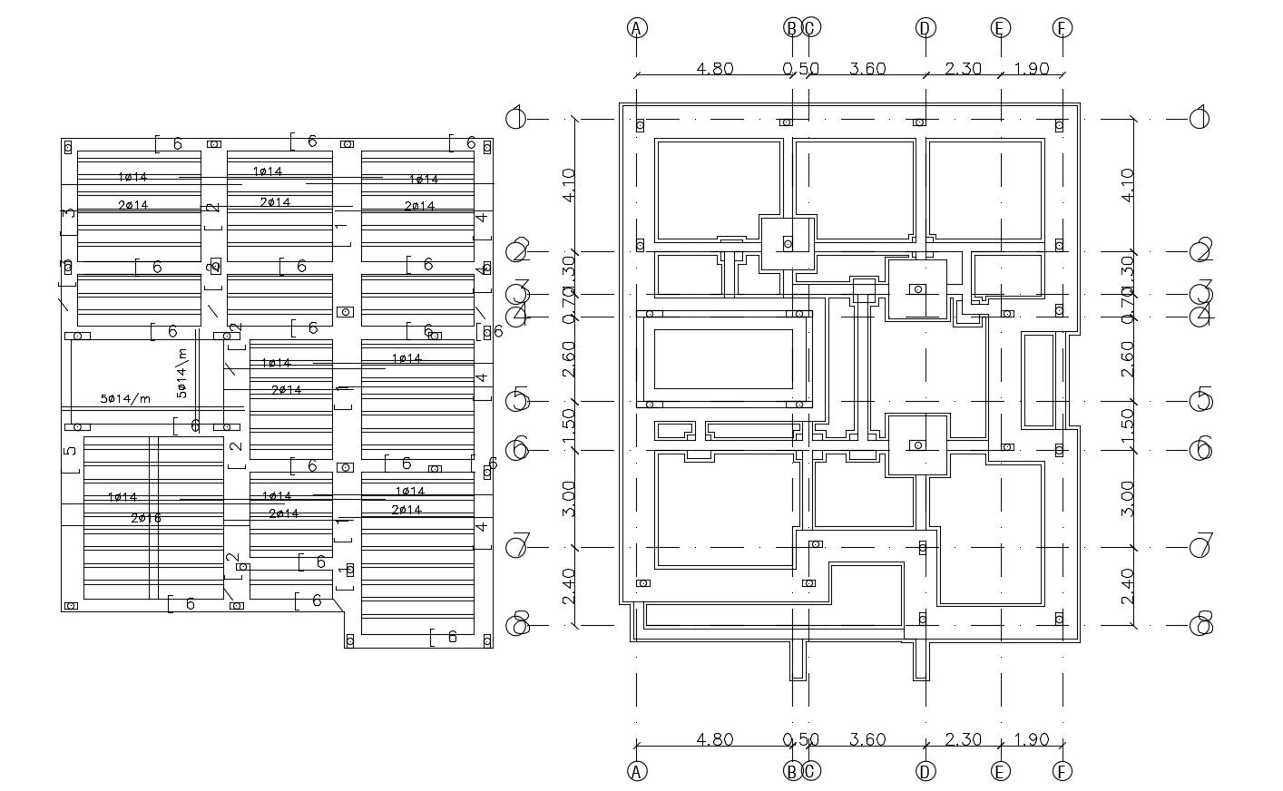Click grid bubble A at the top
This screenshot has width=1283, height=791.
(x=637, y=27)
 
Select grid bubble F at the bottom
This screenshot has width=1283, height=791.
(x=1063, y=771)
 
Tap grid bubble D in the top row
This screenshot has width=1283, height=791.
(x=925, y=27)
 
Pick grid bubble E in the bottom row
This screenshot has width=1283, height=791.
(x=1001, y=771)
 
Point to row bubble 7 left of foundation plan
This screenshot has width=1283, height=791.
(x=517, y=547)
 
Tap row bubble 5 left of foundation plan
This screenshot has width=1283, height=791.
(x=517, y=399)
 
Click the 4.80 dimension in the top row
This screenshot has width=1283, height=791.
(x=714, y=69)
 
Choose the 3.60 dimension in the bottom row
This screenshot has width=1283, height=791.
(x=867, y=740)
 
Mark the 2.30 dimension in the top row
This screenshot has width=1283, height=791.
(x=963, y=69)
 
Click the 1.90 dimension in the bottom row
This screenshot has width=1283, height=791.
(x=1032, y=740)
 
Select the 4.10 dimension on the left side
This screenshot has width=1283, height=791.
(x=569, y=184)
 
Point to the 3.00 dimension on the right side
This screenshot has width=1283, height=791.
(x=1128, y=498)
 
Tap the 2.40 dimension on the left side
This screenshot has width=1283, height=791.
(x=569, y=586)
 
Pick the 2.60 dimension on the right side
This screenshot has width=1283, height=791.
(x=1128, y=358)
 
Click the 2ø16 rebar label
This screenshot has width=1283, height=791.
(x=146, y=518)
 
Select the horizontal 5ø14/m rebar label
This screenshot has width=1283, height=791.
(x=125, y=399)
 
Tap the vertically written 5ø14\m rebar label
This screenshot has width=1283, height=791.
(x=181, y=374)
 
